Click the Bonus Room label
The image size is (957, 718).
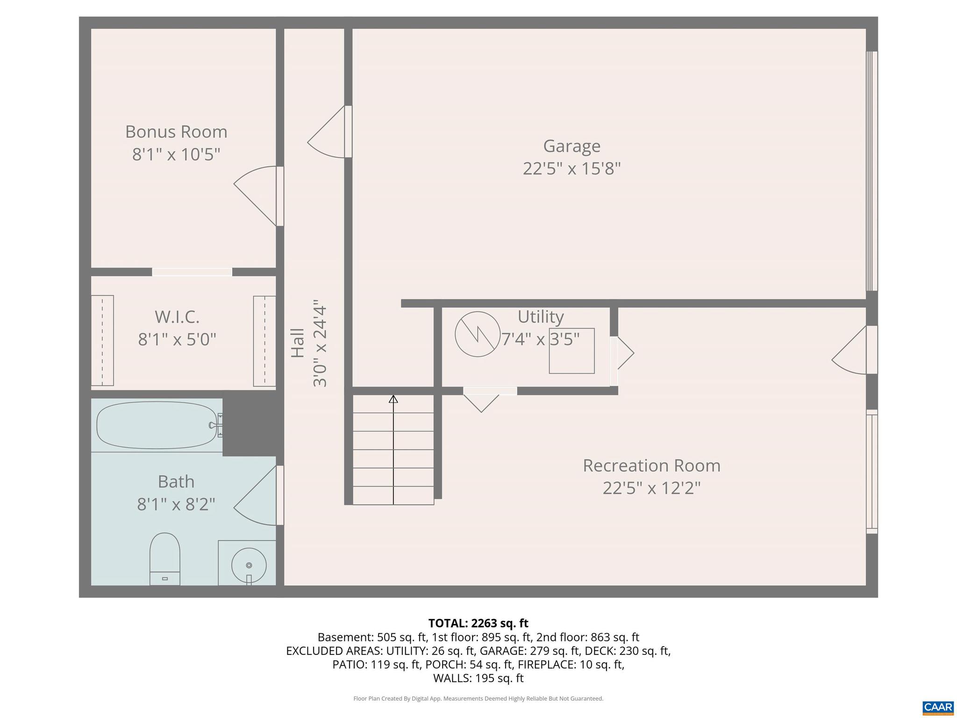point(176,132)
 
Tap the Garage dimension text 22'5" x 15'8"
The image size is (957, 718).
point(571,169)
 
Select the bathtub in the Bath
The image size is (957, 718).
point(157,425)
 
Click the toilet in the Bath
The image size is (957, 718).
point(165,558)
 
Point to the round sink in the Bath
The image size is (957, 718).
point(249,565)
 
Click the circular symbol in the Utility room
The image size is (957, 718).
point(478,334)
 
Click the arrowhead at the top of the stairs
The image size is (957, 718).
point(393,399)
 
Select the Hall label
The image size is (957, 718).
point(298,343)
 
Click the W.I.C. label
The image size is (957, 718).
point(177,317)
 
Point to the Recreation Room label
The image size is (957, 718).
point(651,466)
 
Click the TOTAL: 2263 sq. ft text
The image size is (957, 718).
point(478,623)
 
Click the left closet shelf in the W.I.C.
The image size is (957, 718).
point(102,340)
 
